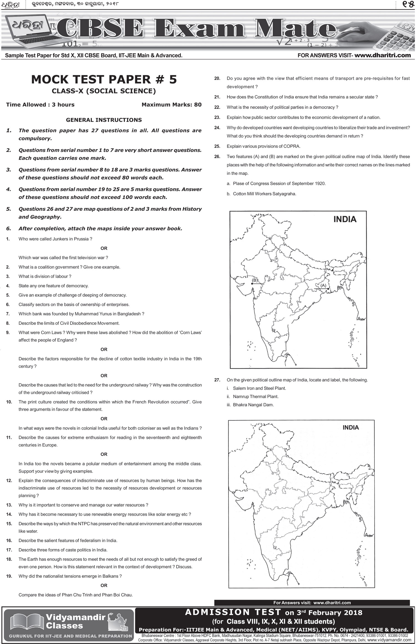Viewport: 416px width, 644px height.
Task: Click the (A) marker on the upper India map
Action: [323, 285]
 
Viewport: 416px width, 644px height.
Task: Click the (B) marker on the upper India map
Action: [254, 280]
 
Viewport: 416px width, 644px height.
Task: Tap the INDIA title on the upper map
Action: [345, 219]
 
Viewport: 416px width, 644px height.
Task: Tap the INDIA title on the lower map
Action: [351, 427]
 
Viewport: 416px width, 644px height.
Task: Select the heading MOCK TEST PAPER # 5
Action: [104, 79]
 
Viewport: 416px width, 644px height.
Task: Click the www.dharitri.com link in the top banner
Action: [382, 55]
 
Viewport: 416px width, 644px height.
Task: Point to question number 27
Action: [217, 380]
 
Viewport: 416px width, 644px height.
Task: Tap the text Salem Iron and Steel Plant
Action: [259, 388]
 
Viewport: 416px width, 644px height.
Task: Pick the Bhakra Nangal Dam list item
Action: [253, 405]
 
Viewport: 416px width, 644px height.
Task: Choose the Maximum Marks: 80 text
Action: [171, 105]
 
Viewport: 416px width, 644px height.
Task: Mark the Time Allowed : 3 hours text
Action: [40, 105]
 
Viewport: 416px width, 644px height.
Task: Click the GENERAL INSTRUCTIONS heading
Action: [104, 120]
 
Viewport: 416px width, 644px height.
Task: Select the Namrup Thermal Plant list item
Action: [255, 397]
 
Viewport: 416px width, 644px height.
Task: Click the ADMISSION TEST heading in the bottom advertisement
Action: [233, 612]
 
